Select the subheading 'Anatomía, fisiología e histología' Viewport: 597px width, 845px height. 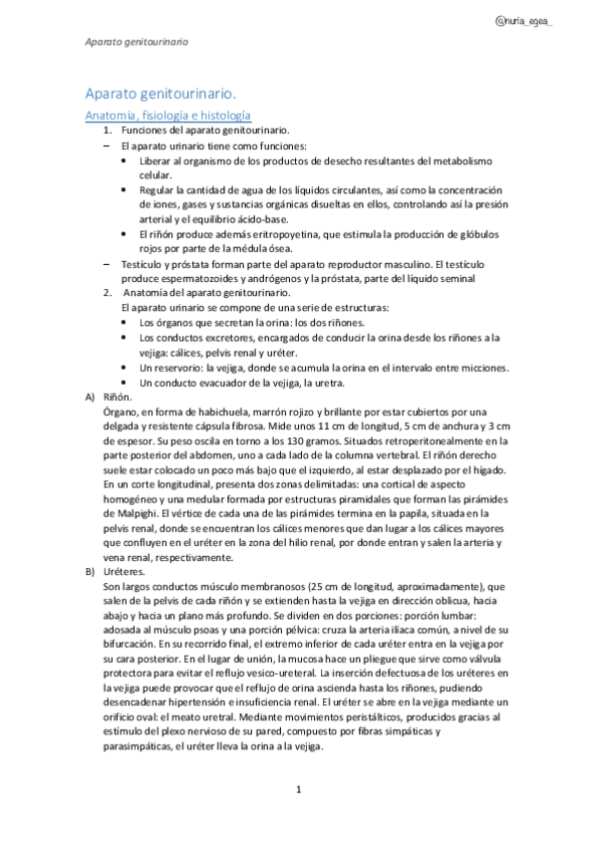click(x=166, y=116)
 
